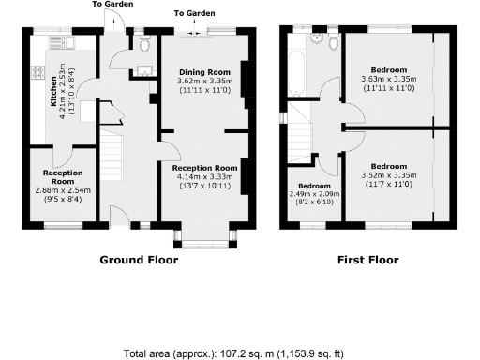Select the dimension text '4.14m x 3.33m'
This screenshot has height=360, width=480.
203,175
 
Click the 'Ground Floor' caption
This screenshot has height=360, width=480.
138,261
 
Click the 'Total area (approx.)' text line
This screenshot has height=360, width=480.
234,353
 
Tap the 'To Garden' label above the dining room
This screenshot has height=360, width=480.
193,14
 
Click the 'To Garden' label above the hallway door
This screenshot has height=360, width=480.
112,4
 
